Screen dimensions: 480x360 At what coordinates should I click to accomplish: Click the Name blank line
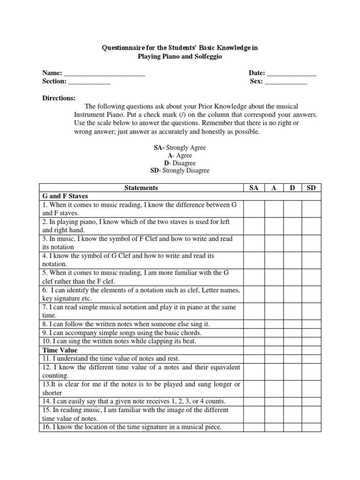pyautogui.click(x=104, y=74)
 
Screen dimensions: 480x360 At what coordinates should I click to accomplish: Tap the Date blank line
pyautogui.click(x=291, y=74)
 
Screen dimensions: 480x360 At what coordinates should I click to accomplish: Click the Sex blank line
pyautogui.click(x=285, y=82)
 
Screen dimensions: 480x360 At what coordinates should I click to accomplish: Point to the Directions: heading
pyautogui.click(x=59, y=98)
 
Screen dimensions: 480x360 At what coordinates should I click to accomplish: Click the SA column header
pyautogui.click(x=254, y=188)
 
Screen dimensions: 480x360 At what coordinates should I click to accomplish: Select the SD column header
pyautogui.click(x=311, y=188)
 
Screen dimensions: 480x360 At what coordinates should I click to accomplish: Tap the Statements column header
pyautogui.click(x=141, y=188)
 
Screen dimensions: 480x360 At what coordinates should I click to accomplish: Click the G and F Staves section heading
pyautogui.click(x=65, y=196)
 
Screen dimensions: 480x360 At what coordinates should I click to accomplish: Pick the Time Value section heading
pyautogui.click(x=60, y=350)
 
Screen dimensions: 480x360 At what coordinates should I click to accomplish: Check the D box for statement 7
pyautogui.click(x=292, y=311)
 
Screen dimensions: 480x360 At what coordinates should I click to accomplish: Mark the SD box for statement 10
pyautogui.click(x=311, y=341)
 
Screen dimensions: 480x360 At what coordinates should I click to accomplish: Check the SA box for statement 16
pyautogui.click(x=254, y=427)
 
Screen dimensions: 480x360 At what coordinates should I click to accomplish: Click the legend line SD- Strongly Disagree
pyautogui.click(x=180, y=171)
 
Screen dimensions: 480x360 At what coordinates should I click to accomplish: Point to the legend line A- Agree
pyautogui.click(x=180, y=155)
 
